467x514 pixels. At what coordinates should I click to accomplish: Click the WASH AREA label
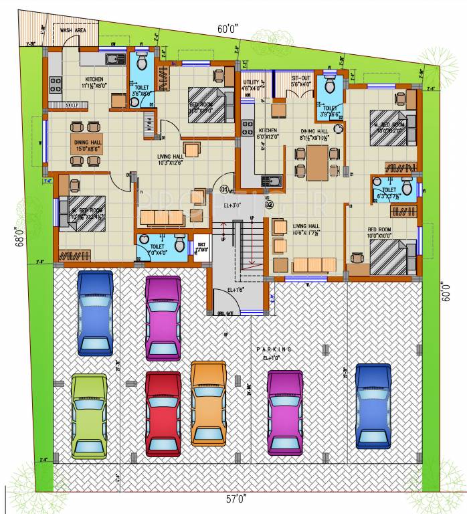73,30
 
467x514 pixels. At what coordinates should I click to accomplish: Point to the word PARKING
274,349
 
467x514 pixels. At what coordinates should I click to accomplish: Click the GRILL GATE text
225,313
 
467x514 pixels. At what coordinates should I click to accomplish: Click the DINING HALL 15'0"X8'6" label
87,145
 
